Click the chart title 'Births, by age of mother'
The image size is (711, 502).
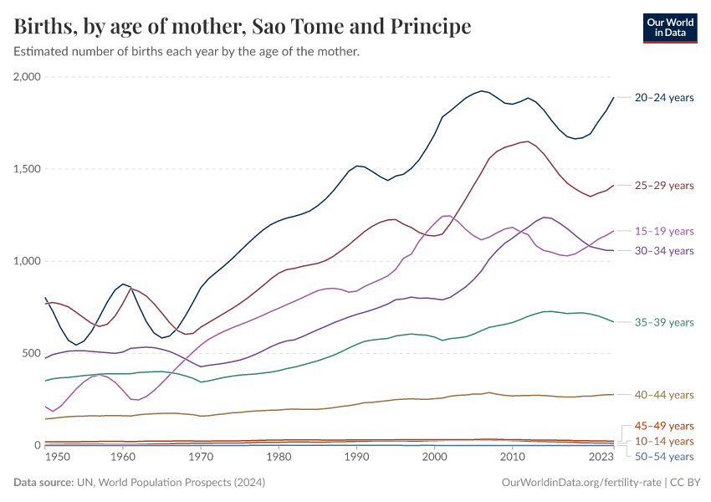[x=243, y=27]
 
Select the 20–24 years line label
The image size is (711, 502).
[x=664, y=98]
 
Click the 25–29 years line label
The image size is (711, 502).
[x=664, y=186]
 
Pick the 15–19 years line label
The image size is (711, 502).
[x=664, y=231]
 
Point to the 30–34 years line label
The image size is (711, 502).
[x=664, y=251]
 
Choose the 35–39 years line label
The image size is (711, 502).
[x=664, y=322]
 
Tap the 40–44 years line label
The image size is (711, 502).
[x=664, y=395]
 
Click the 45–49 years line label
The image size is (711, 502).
[x=664, y=426]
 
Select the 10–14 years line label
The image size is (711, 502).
[x=664, y=441]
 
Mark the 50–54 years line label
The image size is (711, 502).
[x=664, y=456]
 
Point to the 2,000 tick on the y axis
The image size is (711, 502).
[x=27, y=77]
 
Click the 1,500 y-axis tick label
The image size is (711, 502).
[x=27, y=169]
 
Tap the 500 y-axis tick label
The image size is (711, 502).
[x=31, y=353]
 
